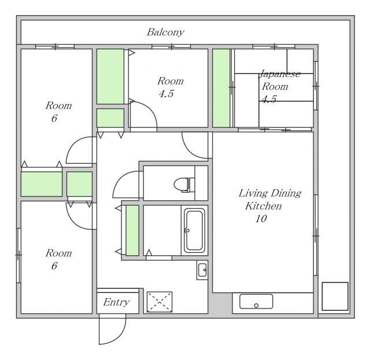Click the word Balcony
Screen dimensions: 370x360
(165, 32)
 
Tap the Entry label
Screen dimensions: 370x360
(116, 302)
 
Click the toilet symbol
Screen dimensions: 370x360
(184, 185)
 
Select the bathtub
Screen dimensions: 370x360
(194, 230)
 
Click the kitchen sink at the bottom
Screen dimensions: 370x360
(256, 301)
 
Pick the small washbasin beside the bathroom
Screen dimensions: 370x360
(202, 270)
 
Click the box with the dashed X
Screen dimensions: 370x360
(160, 302)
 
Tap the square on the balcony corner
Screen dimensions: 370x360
(335, 296)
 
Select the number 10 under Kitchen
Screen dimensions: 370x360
(261, 219)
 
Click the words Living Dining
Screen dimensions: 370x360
(270, 193)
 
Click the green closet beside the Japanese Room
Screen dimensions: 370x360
(221, 88)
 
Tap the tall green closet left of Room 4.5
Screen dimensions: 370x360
(110, 76)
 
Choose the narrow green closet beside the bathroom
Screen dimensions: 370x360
(132, 230)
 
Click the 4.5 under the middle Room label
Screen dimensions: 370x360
(166, 94)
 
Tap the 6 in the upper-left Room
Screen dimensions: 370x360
(54, 118)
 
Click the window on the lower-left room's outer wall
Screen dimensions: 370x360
(18, 255)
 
